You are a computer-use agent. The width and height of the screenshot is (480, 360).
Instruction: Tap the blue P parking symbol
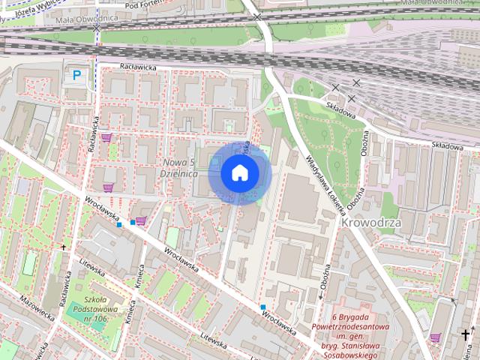76,74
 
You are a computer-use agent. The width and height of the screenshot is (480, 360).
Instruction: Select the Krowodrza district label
371,223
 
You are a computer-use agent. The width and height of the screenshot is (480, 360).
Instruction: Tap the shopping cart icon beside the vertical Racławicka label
106,137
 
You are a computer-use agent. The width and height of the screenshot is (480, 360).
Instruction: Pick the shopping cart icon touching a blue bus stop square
140,221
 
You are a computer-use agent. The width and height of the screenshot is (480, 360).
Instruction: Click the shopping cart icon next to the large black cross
436,337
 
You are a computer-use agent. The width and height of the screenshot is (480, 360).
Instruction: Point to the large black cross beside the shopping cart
466,334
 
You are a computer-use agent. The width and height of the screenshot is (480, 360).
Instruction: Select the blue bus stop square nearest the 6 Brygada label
263,307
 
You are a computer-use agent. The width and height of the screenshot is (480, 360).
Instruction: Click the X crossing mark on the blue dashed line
97,26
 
